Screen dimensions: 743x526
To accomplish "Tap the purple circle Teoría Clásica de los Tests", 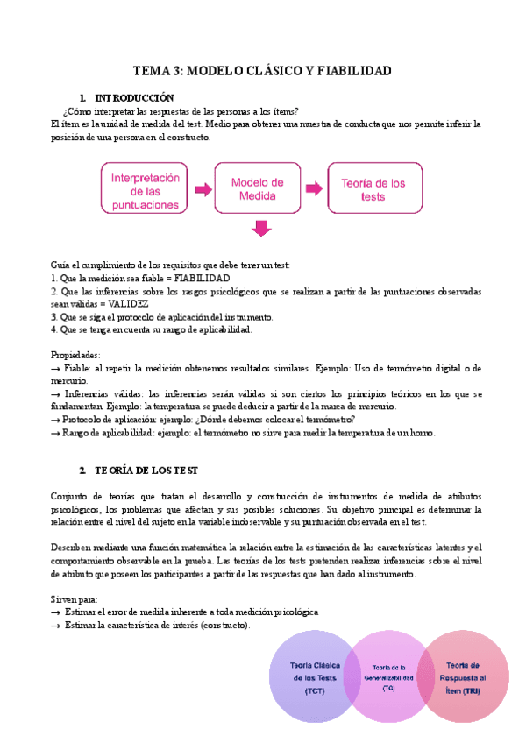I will coord(314,678).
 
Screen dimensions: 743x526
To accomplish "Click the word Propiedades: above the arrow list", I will coord(76,355).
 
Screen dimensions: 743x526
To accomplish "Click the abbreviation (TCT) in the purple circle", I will coord(314,691).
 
